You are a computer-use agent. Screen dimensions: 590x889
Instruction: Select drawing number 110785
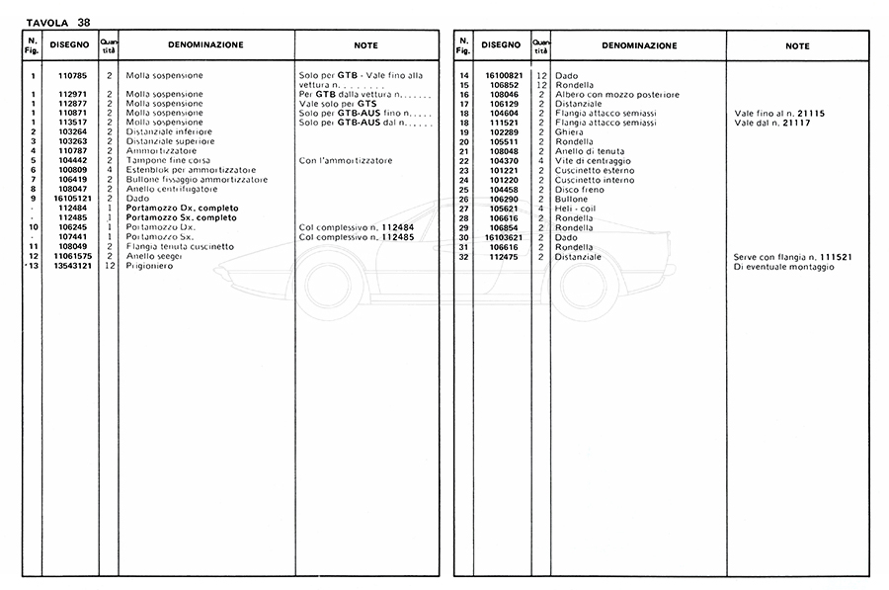tap(72, 75)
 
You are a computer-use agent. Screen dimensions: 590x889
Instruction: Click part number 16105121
tap(70, 198)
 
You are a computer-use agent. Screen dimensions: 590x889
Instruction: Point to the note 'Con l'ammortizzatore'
tap(346, 160)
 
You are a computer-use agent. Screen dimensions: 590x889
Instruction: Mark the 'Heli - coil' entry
tap(578, 209)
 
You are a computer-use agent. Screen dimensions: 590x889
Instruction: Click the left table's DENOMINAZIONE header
tap(205, 45)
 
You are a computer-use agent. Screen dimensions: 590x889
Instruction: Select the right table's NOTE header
tap(798, 46)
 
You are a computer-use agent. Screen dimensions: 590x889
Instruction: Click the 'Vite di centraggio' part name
tap(592, 161)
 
